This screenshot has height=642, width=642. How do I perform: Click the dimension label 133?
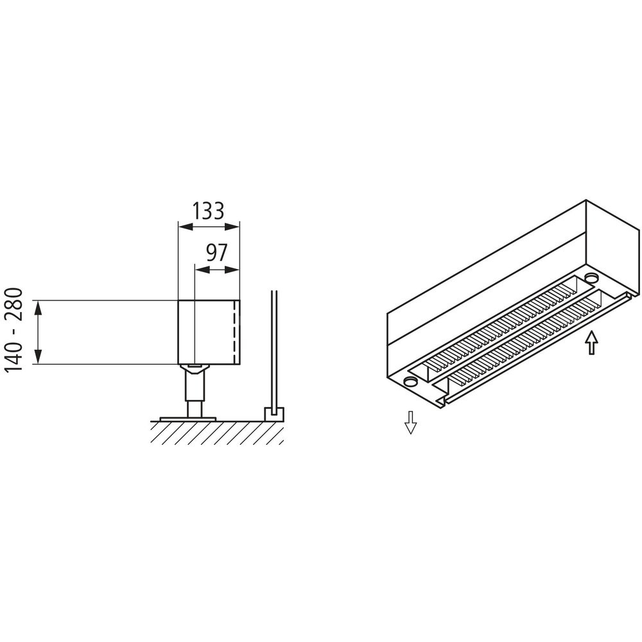[x=209, y=211]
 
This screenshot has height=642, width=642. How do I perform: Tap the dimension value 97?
[x=216, y=253]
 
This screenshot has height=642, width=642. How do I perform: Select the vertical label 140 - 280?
[x=13, y=330]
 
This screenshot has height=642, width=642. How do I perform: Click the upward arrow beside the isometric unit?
[x=591, y=342]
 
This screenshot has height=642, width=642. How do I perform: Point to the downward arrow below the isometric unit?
[x=411, y=422]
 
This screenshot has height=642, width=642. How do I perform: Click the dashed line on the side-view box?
[x=234, y=332]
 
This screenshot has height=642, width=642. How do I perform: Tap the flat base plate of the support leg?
[x=188, y=419]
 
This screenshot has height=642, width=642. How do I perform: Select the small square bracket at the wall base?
[x=275, y=413]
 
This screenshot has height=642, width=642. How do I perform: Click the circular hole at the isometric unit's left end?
[x=409, y=381]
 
